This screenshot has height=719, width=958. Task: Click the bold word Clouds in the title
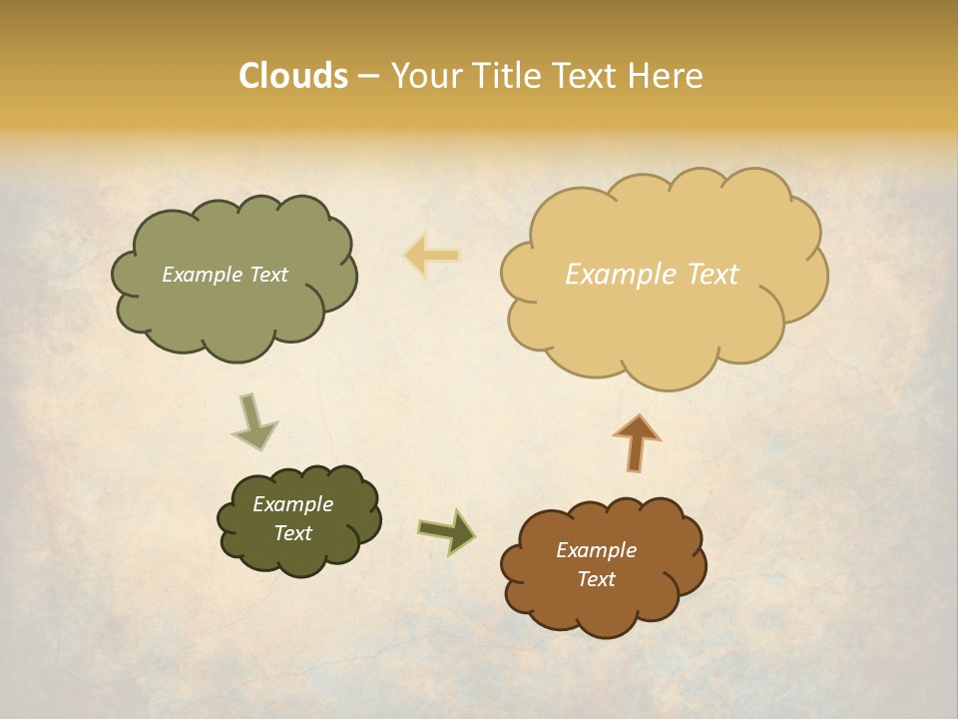(x=293, y=76)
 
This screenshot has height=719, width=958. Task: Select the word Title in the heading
(x=507, y=76)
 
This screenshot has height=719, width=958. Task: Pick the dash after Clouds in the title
(x=368, y=77)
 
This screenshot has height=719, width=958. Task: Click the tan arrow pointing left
(x=432, y=256)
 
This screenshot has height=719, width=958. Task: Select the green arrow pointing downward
(x=253, y=420)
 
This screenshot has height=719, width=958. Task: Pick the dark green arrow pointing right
(x=447, y=530)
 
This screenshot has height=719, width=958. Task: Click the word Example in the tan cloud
(x=611, y=275)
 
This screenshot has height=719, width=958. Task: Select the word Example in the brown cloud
(x=596, y=550)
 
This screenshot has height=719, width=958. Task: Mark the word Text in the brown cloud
(x=596, y=579)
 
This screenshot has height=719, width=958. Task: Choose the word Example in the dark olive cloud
(x=292, y=504)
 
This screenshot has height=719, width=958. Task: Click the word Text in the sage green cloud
(x=266, y=275)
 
